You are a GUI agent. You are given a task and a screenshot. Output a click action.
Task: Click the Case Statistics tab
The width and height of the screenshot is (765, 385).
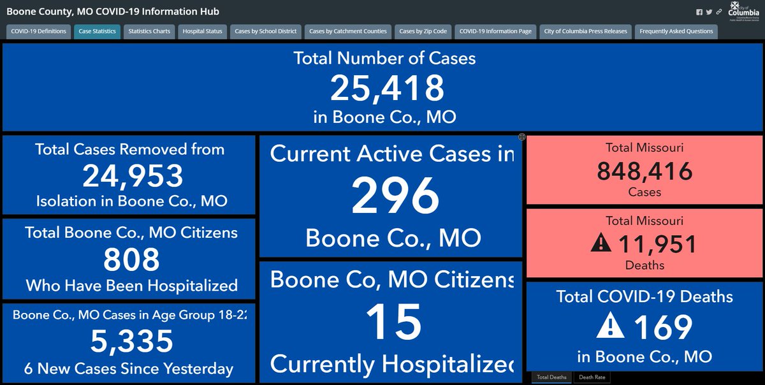[97, 31]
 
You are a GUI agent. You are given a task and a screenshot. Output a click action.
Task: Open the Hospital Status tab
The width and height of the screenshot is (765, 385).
[202, 31]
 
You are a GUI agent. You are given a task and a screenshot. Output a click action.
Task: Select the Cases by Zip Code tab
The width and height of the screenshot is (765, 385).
[423, 31]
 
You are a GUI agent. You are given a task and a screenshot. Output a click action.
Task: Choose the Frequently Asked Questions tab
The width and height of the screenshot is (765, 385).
[676, 31]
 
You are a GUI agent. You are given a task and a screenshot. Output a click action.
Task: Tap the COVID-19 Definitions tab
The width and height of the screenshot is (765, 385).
[38, 31]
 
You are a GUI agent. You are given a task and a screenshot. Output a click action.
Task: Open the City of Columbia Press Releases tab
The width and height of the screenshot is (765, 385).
[585, 31]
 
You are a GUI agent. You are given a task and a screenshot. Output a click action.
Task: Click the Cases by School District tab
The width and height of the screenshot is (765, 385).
[266, 31]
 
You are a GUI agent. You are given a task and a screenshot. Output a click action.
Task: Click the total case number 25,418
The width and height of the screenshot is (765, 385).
[386, 88]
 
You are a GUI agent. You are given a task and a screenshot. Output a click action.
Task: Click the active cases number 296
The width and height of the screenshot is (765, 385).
[395, 196]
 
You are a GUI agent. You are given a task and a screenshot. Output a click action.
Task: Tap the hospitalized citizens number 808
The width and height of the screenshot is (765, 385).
[132, 259]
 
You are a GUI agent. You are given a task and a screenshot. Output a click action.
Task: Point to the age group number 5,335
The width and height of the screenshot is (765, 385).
[132, 341]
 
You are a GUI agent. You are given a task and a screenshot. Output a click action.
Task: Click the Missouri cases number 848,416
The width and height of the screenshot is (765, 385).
[645, 171]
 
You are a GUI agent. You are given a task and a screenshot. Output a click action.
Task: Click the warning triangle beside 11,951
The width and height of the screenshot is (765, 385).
[601, 243]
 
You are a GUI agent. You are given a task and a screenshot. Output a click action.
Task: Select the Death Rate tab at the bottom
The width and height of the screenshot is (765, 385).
[592, 377]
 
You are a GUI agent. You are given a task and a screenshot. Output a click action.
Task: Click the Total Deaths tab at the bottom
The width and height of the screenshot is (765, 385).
[551, 377]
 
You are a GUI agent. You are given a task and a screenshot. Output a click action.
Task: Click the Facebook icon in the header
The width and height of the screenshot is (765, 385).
[699, 12]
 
